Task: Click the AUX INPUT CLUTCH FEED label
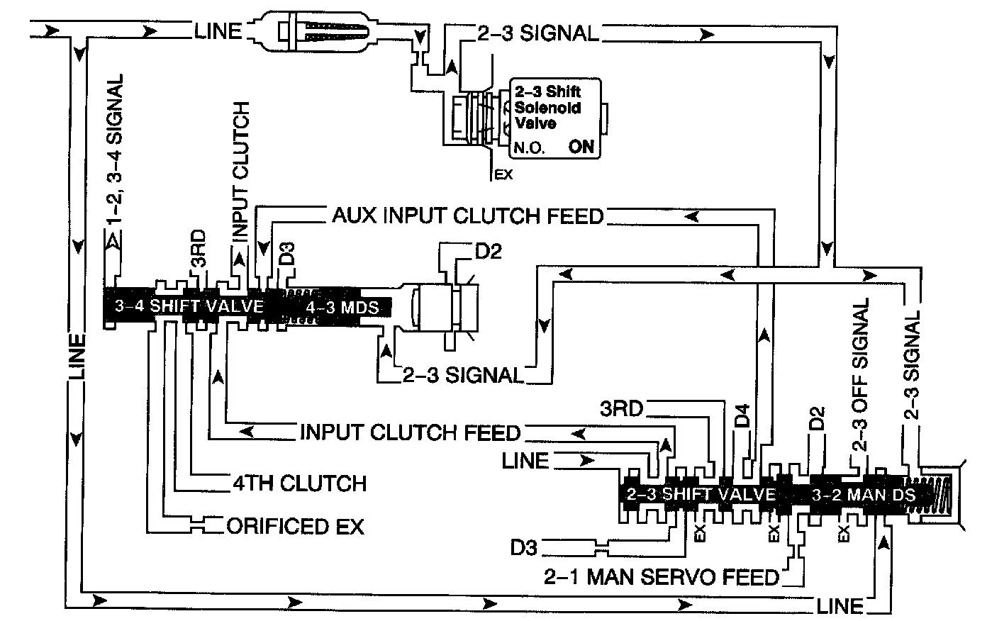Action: pyautogui.click(x=467, y=216)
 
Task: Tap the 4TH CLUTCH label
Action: pyautogui.click(x=299, y=483)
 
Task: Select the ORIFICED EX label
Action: pyautogui.click(x=294, y=527)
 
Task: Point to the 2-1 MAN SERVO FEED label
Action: pyautogui.click(x=662, y=577)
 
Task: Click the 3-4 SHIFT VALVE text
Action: pyautogui.click(x=189, y=307)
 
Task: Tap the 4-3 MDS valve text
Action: pyautogui.click(x=338, y=308)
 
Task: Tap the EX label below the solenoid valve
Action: pyautogui.click(x=503, y=174)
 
